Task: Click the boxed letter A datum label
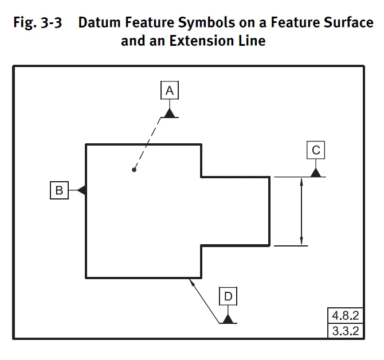[170, 90]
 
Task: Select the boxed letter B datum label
[59, 190]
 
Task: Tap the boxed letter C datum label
[315, 150]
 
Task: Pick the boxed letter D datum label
[228, 296]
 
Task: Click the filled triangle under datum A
[170, 112]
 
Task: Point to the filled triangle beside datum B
[81, 190]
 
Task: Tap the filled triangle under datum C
[315, 172]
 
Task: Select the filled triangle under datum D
[228, 319]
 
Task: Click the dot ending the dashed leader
[134, 170]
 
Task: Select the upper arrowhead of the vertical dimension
[301, 182]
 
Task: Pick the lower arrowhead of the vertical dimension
[301, 240]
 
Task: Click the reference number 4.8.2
[344, 314]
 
